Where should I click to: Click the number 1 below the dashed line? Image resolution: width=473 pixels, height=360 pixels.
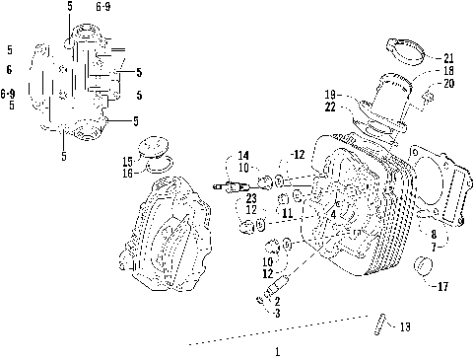277,350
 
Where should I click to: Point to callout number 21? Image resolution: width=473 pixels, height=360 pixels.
448,57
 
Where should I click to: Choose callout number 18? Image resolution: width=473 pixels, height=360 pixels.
448,71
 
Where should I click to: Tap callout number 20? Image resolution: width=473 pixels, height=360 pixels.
448,84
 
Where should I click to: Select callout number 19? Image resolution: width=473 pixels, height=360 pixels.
331,94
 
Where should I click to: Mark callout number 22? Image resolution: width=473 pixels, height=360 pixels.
331,106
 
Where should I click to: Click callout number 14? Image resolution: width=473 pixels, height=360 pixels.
243,155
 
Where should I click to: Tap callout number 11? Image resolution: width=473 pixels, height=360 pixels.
287,212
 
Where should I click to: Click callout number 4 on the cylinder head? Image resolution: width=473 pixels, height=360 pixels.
333,214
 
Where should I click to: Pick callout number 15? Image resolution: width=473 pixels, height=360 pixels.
127,161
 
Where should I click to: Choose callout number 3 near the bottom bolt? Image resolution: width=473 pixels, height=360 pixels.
278,312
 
